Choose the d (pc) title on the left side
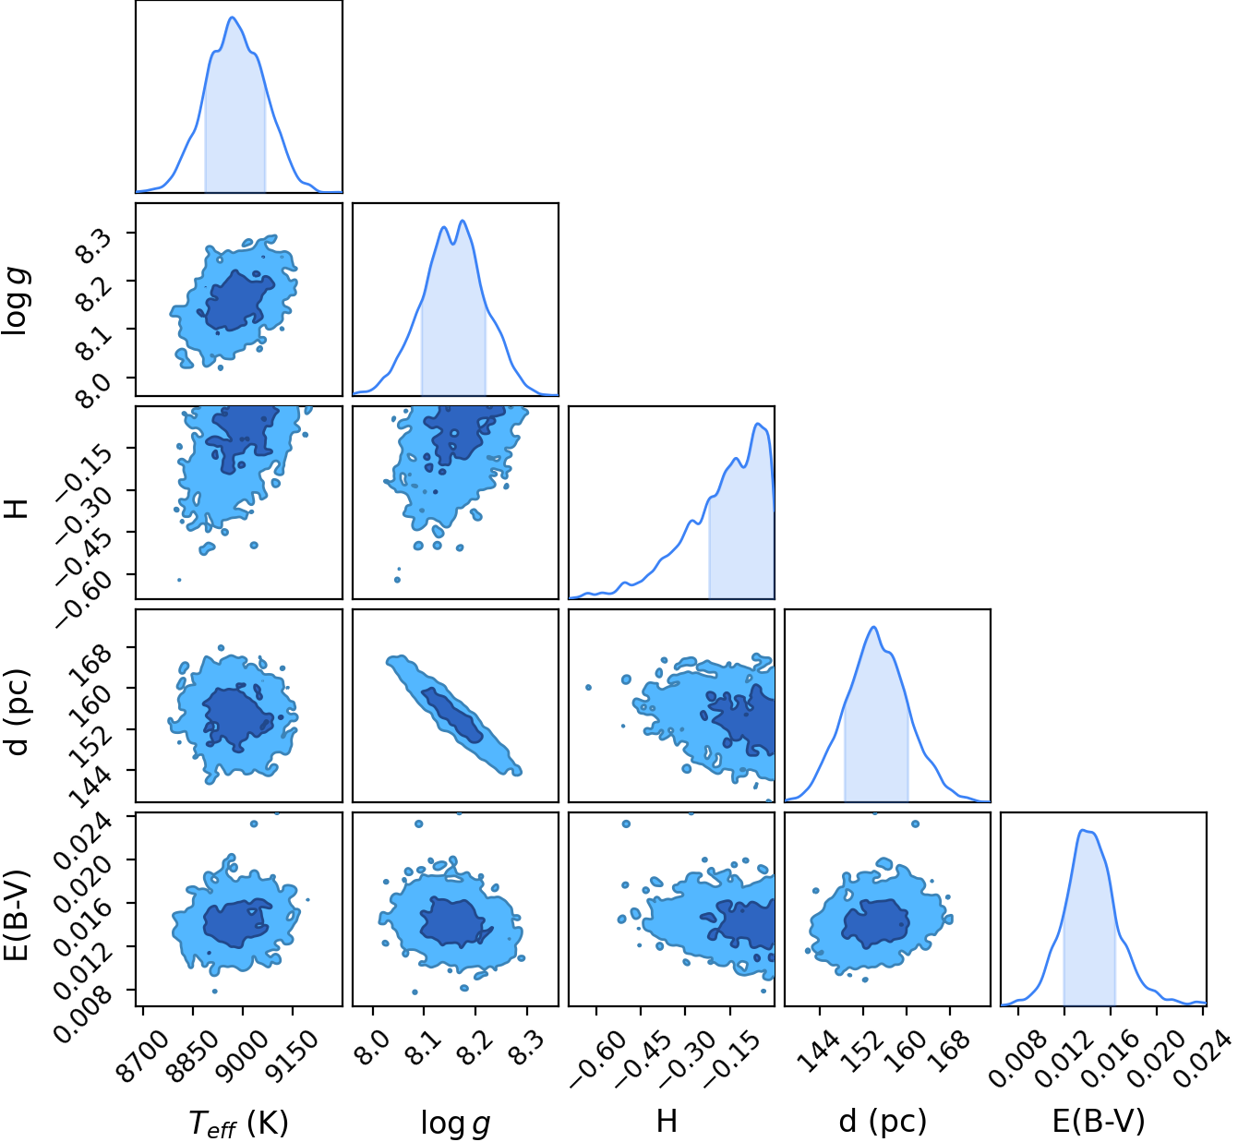[17, 711]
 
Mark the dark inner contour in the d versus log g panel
[452, 715]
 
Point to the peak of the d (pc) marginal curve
[874, 627]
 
